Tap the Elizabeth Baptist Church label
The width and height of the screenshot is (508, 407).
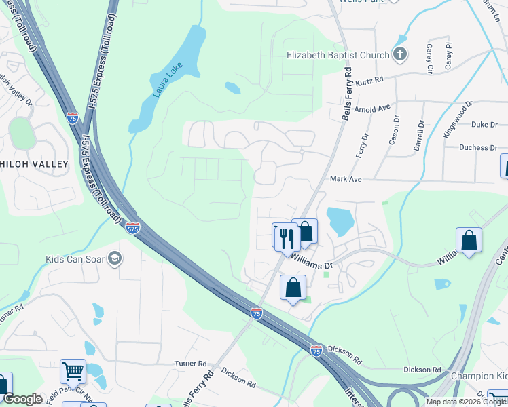(338, 55)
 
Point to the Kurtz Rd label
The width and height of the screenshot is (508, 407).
(369, 79)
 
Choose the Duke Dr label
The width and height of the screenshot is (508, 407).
(484, 125)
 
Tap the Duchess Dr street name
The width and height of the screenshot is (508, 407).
(483, 147)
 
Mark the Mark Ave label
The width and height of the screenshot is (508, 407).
(346, 179)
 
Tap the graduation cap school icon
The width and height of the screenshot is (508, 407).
(115, 258)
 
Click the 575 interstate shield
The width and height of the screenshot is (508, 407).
(132, 229)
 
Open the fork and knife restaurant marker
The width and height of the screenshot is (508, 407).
(286, 237)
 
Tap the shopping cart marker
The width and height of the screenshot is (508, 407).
(73, 371)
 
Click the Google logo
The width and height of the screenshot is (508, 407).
(22, 399)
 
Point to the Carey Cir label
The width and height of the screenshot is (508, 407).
(429, 60)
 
